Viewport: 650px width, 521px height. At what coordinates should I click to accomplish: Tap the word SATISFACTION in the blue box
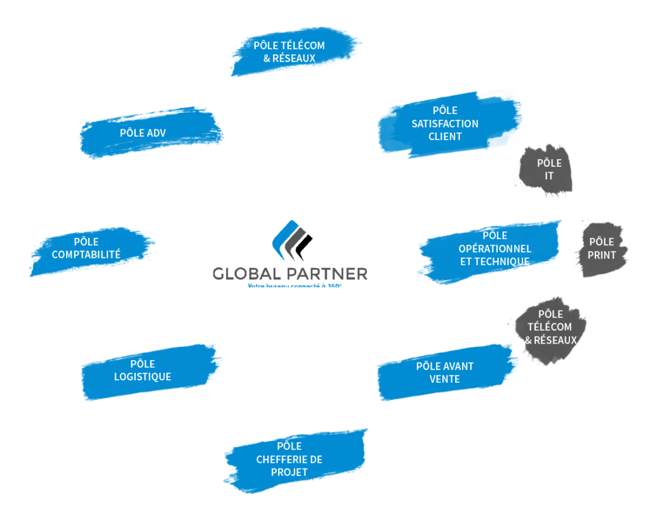445,124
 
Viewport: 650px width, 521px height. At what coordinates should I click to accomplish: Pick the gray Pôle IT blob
548,169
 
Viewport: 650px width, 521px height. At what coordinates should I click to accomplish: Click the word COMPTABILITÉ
86,255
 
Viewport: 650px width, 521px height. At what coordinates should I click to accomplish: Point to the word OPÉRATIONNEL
494,248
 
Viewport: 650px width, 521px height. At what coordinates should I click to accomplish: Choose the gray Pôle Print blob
601,248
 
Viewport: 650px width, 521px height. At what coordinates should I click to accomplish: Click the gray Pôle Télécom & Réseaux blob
550,328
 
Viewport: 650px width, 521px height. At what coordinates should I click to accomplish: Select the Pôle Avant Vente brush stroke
445,373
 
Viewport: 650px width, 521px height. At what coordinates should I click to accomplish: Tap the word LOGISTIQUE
143,376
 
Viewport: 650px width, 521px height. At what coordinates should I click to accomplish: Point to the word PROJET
289,473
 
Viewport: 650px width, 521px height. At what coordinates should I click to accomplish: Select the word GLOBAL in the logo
247,274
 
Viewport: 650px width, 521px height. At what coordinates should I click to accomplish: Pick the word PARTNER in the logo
328,274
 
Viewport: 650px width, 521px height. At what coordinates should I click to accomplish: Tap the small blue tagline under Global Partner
295,286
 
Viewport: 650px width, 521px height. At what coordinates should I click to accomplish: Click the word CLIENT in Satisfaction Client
445,137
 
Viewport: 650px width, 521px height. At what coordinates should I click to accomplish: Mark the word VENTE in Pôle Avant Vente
445,380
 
